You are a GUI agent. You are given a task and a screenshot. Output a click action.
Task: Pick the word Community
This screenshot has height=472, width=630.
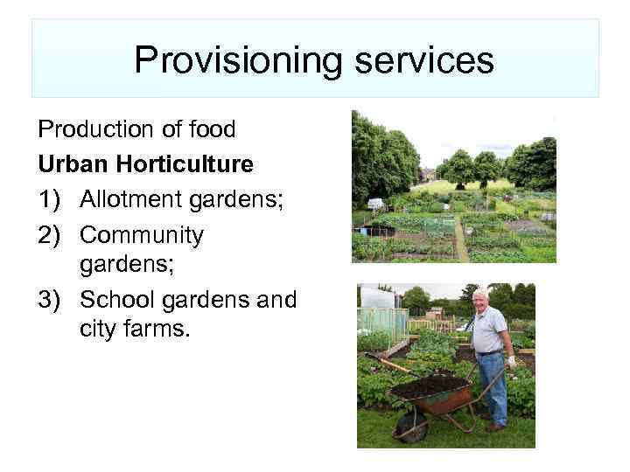(x=141, y=234)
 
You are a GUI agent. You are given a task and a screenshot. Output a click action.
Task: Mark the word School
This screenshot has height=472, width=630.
(x=115, y=299)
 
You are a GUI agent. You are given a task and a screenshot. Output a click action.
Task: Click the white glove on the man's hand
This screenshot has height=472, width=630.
(x=512, y=361)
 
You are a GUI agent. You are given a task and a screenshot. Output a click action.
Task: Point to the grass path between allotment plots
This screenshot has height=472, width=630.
(x=459, y=240)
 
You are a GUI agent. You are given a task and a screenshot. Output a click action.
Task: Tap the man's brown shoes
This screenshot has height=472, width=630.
(x=495, y=427)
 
